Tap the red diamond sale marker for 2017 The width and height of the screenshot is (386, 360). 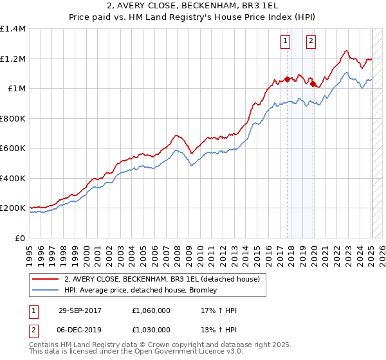click(x=287, y=80)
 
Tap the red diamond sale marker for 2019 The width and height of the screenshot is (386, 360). click(x=313, y=84)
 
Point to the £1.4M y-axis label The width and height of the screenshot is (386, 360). click(x=13, y=29)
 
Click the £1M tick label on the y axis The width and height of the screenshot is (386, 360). click(x=16, y=89)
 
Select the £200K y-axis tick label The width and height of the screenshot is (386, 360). click(x=13, y=208)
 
